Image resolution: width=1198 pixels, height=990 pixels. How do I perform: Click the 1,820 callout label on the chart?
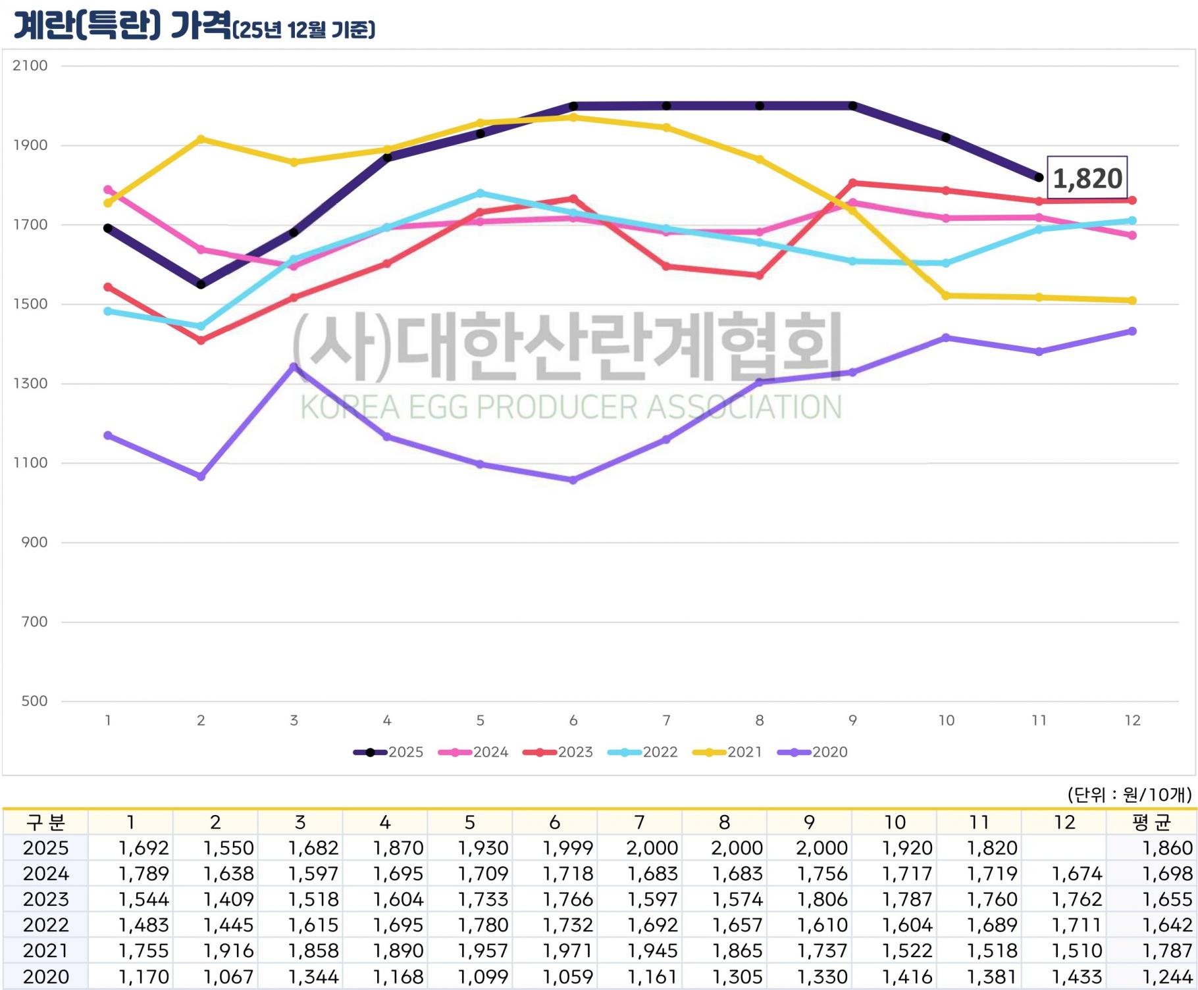[x=1087, y=178]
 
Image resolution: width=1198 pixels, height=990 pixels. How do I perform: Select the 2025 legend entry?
[x=389, y=752]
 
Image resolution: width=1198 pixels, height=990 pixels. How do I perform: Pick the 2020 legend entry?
[x=813, y=752]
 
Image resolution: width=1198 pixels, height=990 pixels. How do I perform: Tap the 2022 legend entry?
[x=643, y=752]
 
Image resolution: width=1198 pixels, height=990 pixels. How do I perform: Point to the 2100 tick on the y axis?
[x=30, y=66]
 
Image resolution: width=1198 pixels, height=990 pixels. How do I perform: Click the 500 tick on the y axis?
[x=34, y=701]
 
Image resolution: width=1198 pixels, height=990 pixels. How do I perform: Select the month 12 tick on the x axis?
[x=1132, y=720]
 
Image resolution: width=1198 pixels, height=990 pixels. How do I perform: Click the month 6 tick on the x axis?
[x=573, y=720]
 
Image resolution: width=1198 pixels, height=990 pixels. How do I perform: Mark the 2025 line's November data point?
[x=1039, y=178]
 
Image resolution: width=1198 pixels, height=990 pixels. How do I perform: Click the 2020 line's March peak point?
[x=294, y=366]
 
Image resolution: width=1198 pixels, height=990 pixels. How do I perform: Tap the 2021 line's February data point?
[x=201, y=139]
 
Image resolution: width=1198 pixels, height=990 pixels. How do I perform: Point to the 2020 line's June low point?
[x=573, y=480]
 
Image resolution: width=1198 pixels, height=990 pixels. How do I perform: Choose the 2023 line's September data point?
[x=853, y=183]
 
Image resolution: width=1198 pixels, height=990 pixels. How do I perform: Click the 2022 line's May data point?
[x=481, y=193]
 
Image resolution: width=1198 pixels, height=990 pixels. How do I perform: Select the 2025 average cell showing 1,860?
[x=1168, y=848]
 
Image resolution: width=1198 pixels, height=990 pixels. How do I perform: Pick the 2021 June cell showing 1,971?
[x=568, y=951]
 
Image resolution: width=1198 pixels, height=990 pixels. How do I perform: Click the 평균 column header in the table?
[x=1151, y=822]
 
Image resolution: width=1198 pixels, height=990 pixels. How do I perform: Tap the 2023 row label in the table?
[x=45, y=899]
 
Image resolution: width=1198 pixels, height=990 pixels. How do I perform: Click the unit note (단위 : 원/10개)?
[x=1129, y=795]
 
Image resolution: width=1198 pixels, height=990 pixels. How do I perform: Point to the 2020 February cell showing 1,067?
[x=228, y=977]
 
